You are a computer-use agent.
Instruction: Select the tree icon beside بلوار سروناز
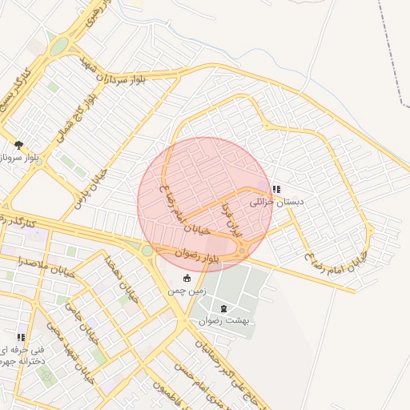[18, 145]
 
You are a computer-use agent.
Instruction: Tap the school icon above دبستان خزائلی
[276, 190]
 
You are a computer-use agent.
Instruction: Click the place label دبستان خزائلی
[277, 203]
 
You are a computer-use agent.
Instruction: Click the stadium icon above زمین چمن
[187, 278]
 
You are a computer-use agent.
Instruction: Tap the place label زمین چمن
[187, 291]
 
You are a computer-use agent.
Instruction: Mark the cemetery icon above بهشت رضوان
[223, 307]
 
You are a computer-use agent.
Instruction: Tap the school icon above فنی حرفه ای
[21, 337]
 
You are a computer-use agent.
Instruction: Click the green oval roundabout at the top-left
[58, 46]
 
